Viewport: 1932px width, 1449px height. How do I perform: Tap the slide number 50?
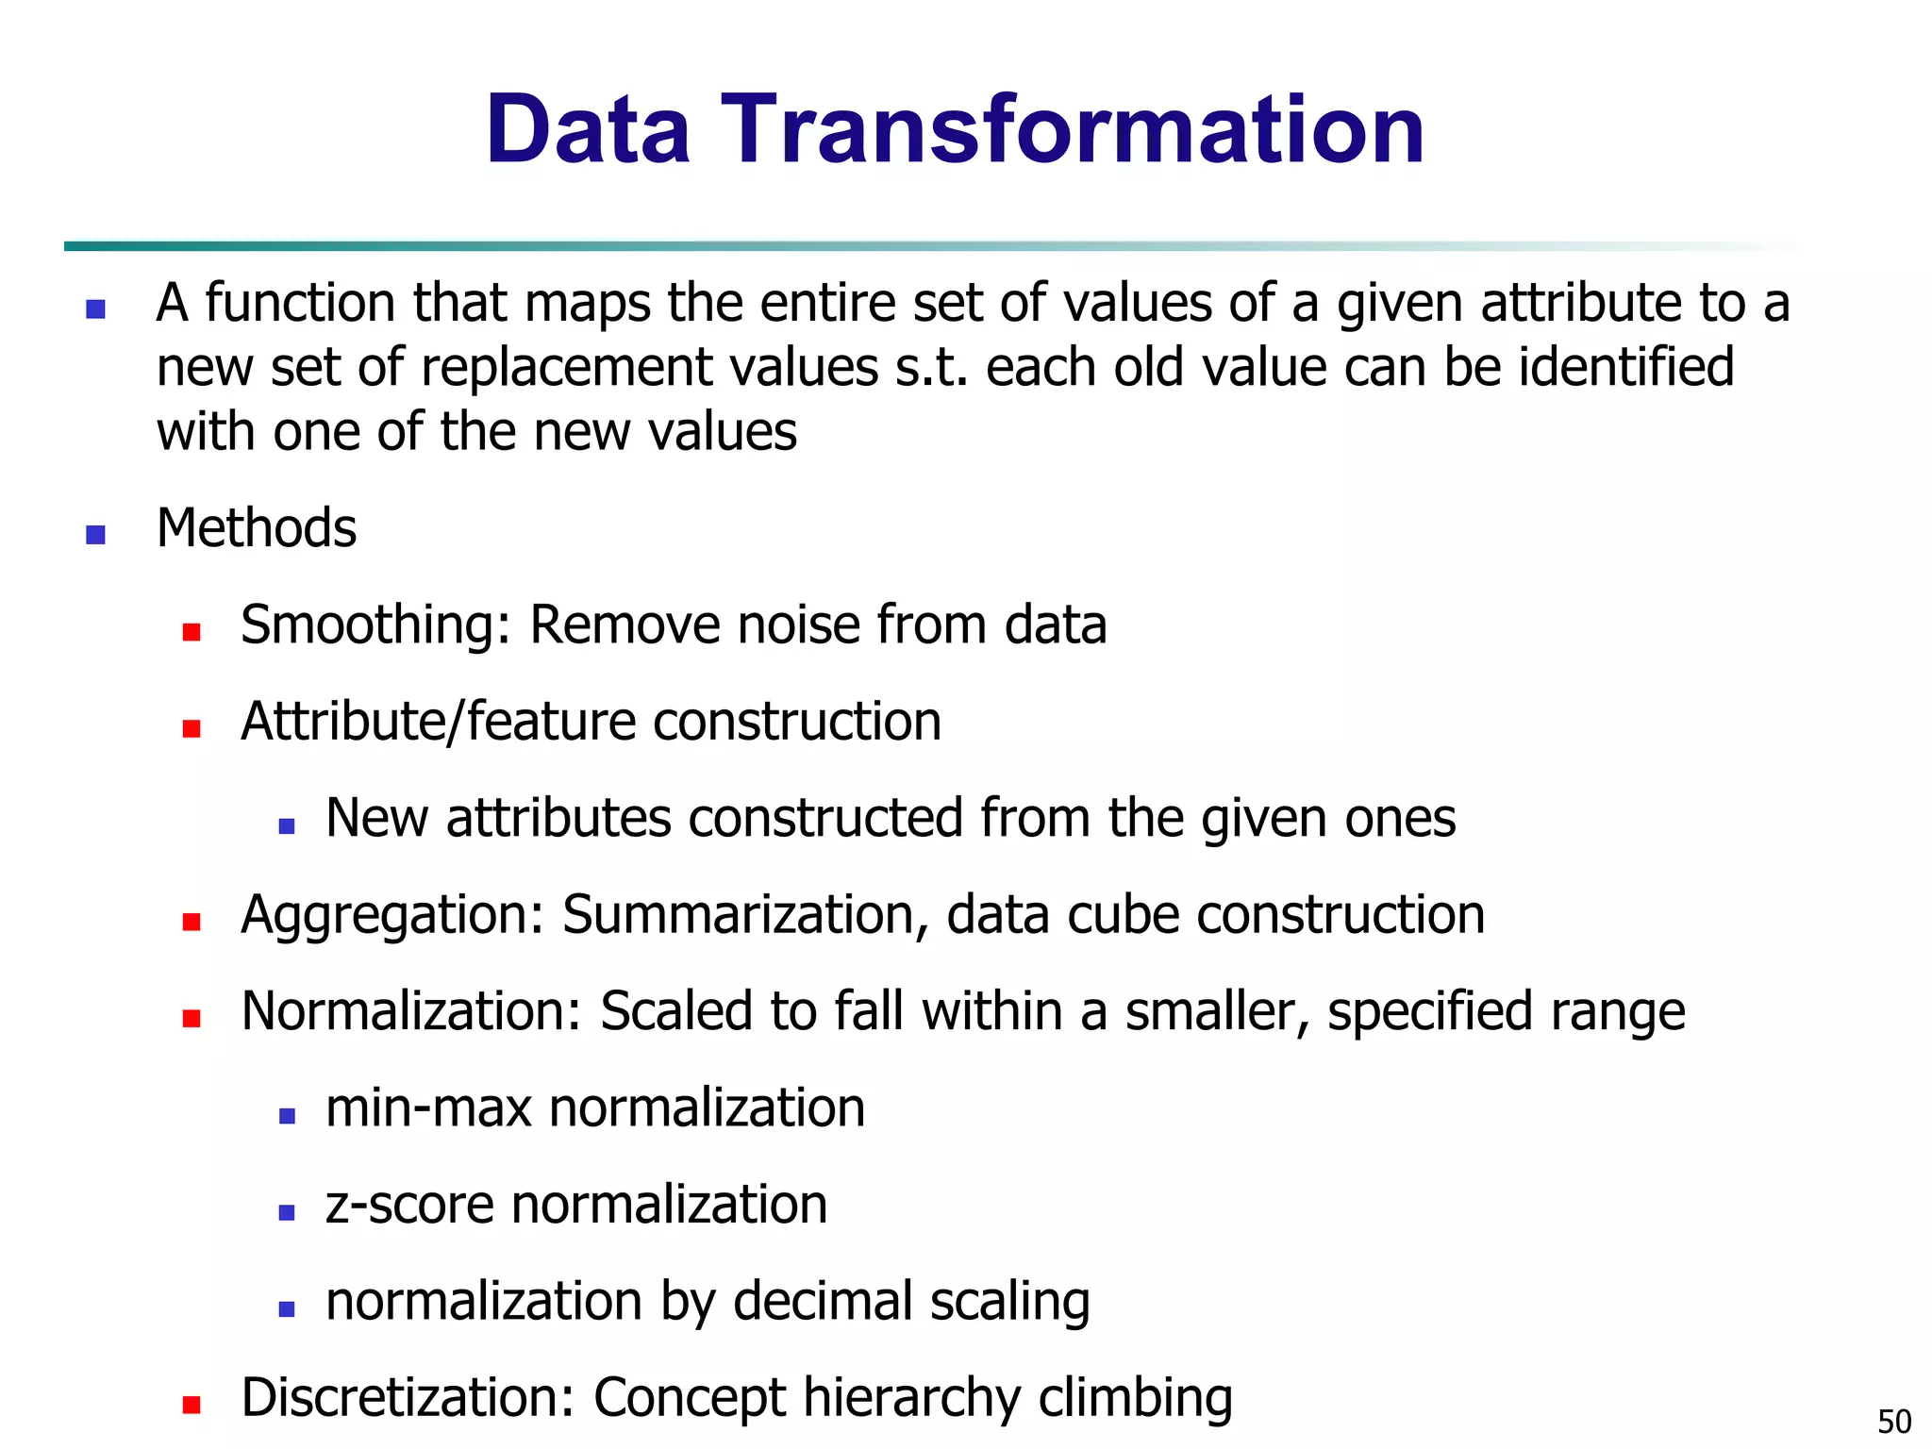1894,1421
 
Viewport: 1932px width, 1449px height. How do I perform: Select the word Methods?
257,528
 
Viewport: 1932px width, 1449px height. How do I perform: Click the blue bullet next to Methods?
95,535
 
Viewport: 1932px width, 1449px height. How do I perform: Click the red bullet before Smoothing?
192,632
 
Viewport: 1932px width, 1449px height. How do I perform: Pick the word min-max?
428,1108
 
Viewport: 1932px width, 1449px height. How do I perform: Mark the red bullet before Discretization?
192,1405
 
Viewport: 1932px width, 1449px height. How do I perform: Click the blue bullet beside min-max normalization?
288,1116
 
